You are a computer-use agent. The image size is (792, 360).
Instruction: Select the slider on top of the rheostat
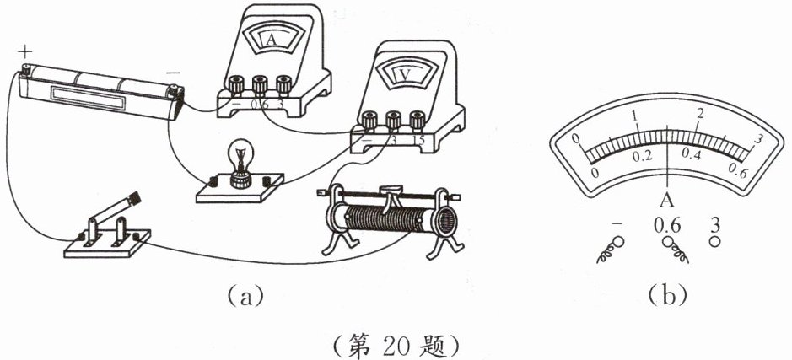[x=391, y=193]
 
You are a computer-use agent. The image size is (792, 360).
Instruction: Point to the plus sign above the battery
[x=26, y=52]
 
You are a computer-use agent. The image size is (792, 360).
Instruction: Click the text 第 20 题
[x=396, y=344]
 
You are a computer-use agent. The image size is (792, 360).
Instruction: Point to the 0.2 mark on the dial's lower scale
[x=643, y=156]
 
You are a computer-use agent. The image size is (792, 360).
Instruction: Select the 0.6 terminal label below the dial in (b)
[x=667, y=225]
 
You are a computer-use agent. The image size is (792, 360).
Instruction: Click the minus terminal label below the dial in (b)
[x=617, y=224]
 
